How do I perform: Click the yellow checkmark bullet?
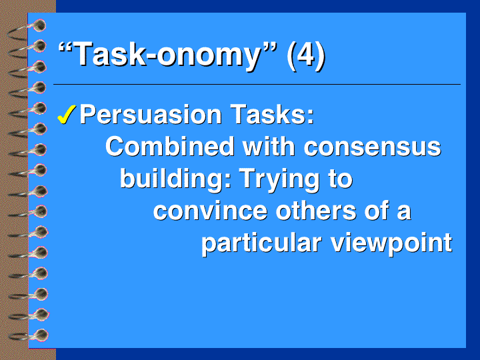(67, 115)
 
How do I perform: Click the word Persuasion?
(151, 115)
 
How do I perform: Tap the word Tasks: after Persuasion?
(272, 114)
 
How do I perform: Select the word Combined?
(170, 146)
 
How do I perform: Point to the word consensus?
(373, 147)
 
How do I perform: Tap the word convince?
(211, 211)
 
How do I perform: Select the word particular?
(261, 244)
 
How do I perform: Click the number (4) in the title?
(306, 55)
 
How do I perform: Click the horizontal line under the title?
(257, 84)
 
